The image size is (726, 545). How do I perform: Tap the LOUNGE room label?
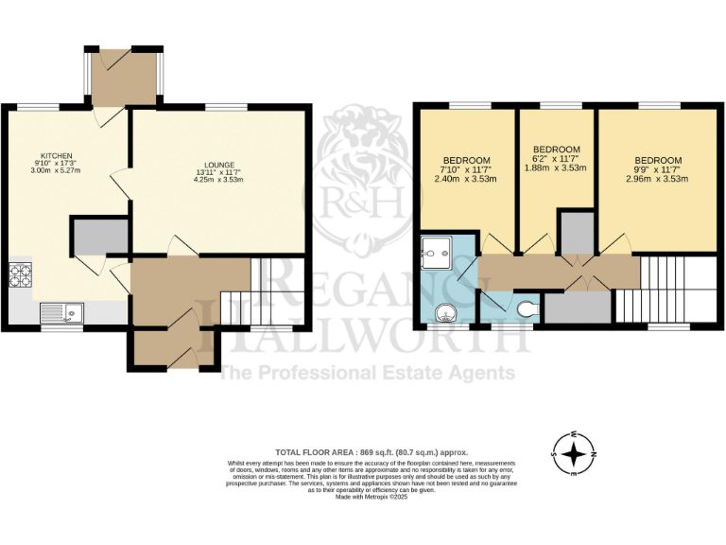point(216,165)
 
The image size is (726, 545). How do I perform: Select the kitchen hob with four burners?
point(20,276)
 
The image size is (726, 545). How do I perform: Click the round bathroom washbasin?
point(449,313)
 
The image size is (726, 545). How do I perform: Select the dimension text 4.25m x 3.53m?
point(216,180)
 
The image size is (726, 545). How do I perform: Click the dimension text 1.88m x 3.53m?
point(556,167)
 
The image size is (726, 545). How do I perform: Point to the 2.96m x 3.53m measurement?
point(658,177)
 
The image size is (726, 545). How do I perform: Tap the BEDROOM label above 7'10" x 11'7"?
point(464,160)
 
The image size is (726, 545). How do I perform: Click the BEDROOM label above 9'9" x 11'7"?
point(658,160)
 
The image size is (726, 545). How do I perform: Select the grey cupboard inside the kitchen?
point(99,237)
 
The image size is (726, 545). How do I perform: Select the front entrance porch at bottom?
point(171,347)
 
